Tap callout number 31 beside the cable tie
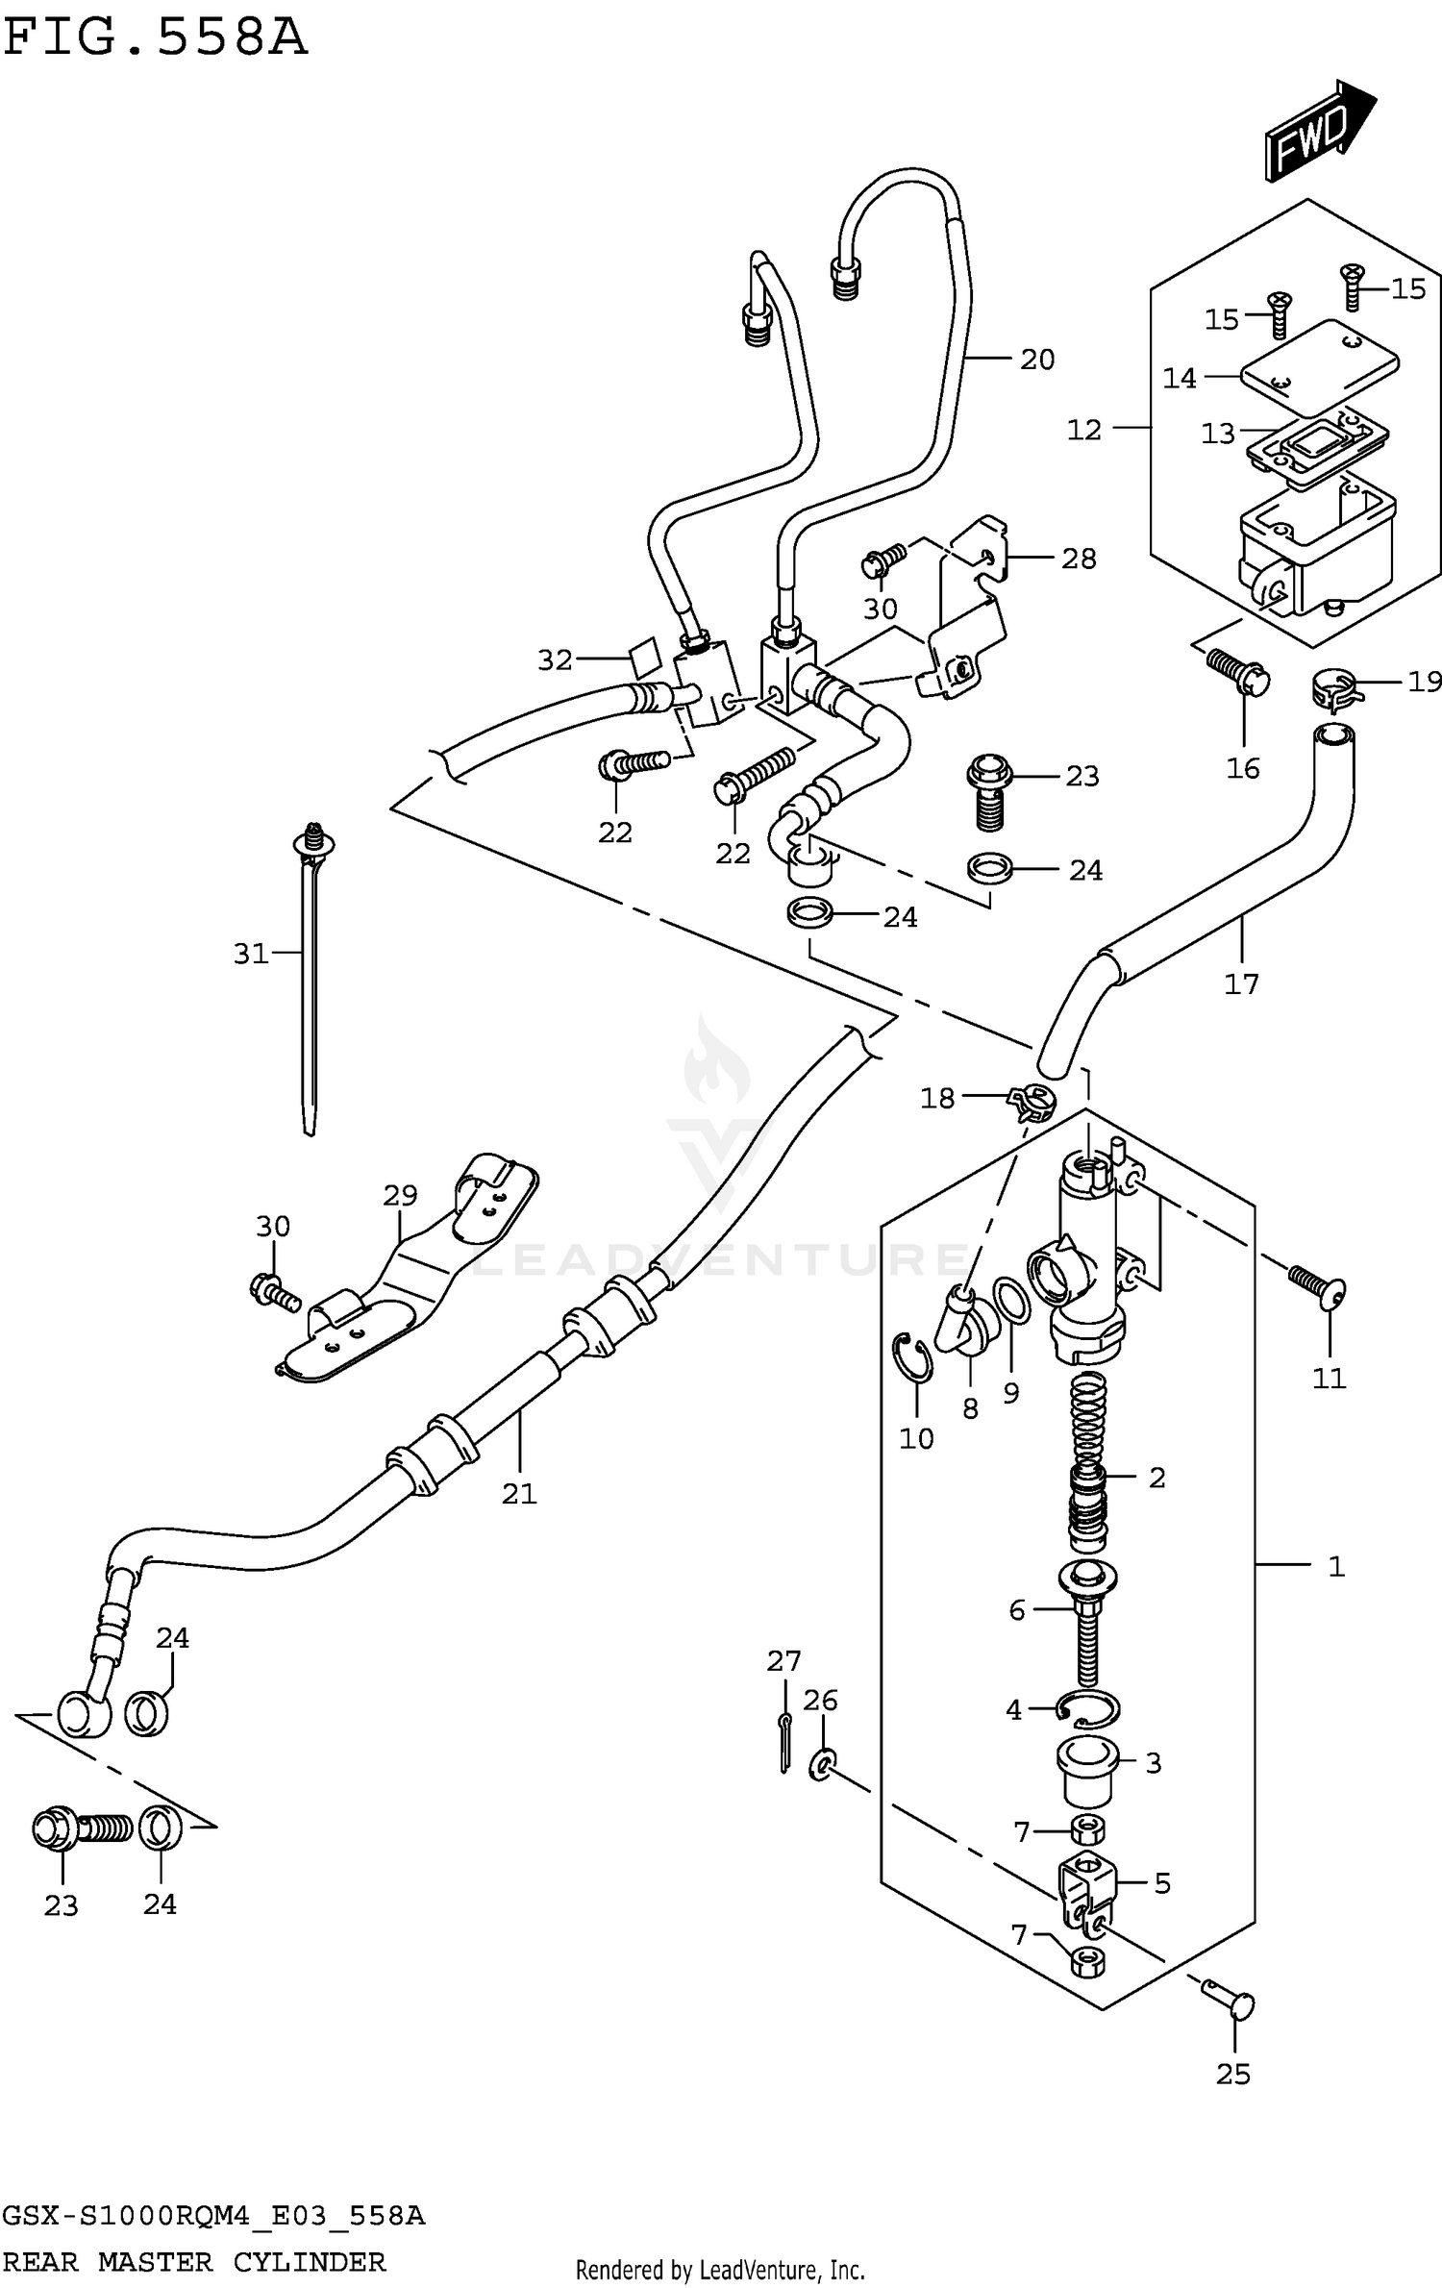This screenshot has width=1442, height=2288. [251, 954]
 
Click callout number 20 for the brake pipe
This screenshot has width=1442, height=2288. [1037, 360]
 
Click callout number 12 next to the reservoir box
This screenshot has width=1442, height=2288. [1083, 430]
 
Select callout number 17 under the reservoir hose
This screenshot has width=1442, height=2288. [1240, 984]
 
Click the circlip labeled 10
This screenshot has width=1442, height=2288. [912, 1357]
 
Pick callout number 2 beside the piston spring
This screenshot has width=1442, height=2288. [1156, 1478]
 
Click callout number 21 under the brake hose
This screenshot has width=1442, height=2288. [519, 1493]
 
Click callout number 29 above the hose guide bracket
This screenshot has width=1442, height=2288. [400, 1195]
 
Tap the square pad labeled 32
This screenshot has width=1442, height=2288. [644, 657]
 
